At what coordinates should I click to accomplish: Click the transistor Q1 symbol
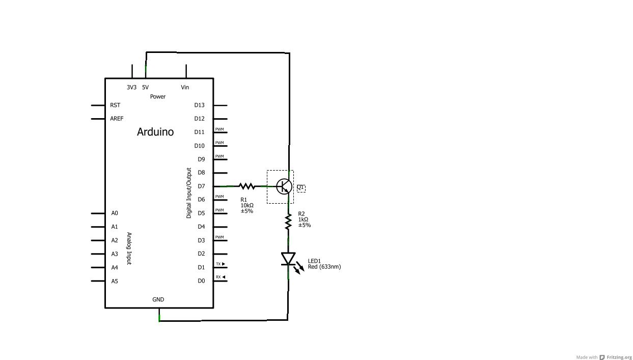[284, 186]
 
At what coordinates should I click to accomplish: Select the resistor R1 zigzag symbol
[246, 186]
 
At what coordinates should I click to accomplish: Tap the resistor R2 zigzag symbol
[288, 221]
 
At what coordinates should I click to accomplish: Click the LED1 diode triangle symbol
[288, 259]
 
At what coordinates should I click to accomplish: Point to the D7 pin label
[201, 186]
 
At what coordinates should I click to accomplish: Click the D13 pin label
[199, 105]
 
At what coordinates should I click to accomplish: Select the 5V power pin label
[146, 88]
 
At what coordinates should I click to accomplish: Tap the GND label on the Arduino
[158, 299]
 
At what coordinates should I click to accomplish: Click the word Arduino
[155, 132]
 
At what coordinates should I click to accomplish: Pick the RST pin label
[115, 105]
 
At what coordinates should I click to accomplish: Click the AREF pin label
[117, 119]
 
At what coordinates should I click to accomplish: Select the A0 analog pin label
[115, 213]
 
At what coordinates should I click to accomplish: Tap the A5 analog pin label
[115, 281]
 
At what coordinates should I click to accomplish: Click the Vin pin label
[185, 88]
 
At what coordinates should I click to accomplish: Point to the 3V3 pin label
[131, 88]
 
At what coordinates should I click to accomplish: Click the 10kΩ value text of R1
[247, 205]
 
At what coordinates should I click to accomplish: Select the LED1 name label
[314, 261]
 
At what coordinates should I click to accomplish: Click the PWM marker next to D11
[219, 129]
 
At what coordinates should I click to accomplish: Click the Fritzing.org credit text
[619, 357]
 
